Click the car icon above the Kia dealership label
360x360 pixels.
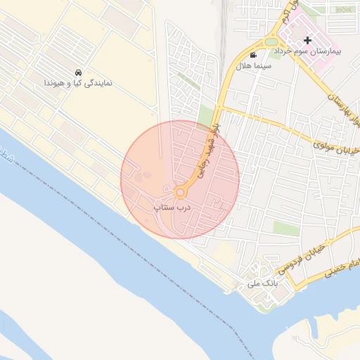[x=78, y=72]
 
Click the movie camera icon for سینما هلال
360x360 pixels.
[x=253, y=56]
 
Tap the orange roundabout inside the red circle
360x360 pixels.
[x=180, y=192]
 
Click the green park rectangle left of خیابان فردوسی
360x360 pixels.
[x=286, y=229]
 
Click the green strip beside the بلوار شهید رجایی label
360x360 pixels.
[x=206, y=117]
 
